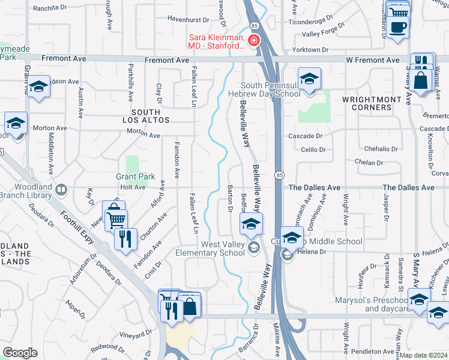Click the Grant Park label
(x=135, y=177)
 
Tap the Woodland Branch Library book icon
(x=61, y=190)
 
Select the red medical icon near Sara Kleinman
(x=254, y=40)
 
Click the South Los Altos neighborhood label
(x=146, y=116)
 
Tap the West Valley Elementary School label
(x=223, y=248)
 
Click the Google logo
(x=20, y=353)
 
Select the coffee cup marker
(x=397, y=27)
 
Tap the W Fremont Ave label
(x=373, y=60)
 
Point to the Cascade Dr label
(x=306, y=137)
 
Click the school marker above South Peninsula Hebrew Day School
(x=309, y=79)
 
